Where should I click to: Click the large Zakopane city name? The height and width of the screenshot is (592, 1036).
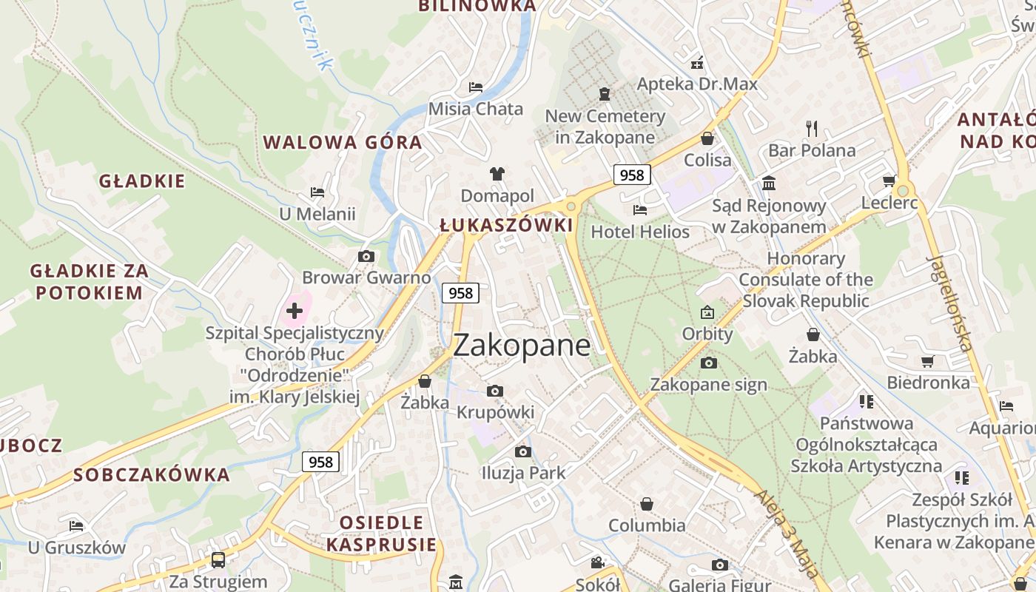pyautogui.click(x=522, y=346)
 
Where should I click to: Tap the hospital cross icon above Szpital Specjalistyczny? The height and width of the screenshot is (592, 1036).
pyautogui.click(x=295, y=310)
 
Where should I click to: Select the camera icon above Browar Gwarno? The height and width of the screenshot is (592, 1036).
pyautogui.click(x=366, y=257)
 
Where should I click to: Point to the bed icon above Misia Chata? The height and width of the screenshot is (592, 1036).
pyautogui.click(x=476, y=87)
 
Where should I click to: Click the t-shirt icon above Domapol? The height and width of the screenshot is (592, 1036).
pyautogui.click(x=497, y=174)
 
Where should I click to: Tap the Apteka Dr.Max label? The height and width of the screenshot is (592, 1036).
pyautogui.click(x=697, y=84)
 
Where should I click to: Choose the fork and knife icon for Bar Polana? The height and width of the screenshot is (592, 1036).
pyautogui.click(x=812, y=129)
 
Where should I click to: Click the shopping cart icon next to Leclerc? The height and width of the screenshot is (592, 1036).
pyautogui.click(x=889, y=181)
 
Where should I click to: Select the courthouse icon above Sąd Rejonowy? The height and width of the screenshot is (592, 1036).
pyautogui.click(x=769, y=183)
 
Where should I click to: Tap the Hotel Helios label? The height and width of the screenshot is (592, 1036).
pyautogui.click(x=640, y=232)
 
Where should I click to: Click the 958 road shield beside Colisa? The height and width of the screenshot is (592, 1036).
pyautogui.click(x=632, y=175)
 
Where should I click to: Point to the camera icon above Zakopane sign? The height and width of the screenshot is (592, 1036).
pyautogui.click(x=708, y=363)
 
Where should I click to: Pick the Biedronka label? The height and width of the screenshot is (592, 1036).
pyautogui.click(x=928, y=383)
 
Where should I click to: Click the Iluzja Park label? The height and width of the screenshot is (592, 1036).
pyautogui.click(x=523, y=473)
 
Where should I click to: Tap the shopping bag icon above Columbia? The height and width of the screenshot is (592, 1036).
pyautogui.click(x=647, y=504)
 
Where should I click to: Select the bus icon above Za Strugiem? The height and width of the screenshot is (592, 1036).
pyautogui.click(x=218, y=559)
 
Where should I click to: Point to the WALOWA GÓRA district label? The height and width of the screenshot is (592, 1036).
pyautogui.click(x=343, y=142)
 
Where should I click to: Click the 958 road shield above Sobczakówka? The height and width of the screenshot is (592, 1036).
pyautogui.click(x=320, y=462)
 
